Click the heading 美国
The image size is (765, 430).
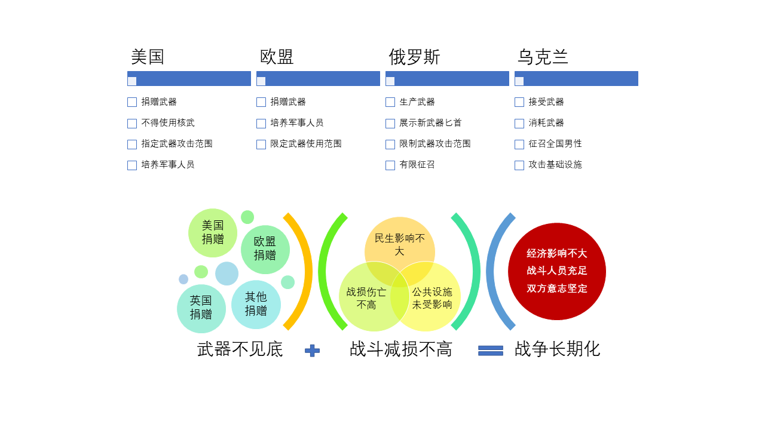click(x=148, y=57)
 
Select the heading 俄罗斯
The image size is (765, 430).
click(x=414, y=57)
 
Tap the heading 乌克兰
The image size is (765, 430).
click(x=543, y=57)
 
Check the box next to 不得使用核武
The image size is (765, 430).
click(x=132, y=123)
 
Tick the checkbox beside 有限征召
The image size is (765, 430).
click(x=390, y=165)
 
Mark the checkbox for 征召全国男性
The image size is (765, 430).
click(x=519, y=145)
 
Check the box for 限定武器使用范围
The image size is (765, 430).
click(x=261, y=145)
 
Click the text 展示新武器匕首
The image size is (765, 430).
click(x=430, y=123)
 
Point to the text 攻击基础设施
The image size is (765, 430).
click(x=555, y=165)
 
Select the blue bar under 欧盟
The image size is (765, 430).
click(x=318, y=78)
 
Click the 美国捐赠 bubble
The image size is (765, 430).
click(x=212, y=233)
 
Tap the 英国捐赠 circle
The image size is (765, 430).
click(x=201, y=309)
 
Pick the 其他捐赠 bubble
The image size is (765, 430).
click(x=256, y=305)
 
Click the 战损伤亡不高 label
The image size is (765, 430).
click(x=366, y=298)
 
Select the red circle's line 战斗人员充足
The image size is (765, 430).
click(x=556, y=271)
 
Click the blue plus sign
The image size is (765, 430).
click(x=312, y=351)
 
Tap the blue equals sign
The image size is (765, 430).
click(x=491, y=351)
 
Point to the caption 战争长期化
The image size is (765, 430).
click(x=557, y=349)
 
